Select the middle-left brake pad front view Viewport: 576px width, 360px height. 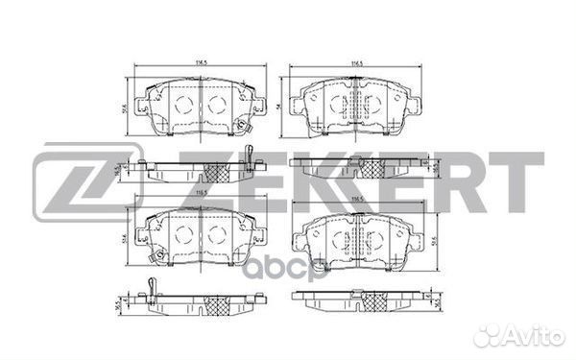pyautogui.click(x=201, y=233)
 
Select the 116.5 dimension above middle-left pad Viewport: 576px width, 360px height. pyautogui.click(x=201, y=195)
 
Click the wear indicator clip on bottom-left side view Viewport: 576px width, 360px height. pyautogui.click(x=151, y=284)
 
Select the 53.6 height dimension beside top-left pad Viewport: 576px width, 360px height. pyautogui.click(x=128, y=108)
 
